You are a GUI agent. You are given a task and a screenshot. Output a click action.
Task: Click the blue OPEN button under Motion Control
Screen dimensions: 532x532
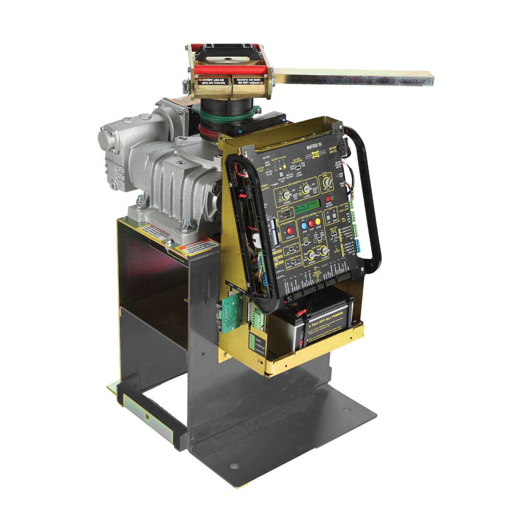click(x=305, y=224)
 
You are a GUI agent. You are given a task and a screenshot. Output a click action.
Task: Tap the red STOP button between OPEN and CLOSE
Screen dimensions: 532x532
click(x=311, y=223)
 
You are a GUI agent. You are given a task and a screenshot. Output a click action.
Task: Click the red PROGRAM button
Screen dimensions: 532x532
click(x=289, y=231)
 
